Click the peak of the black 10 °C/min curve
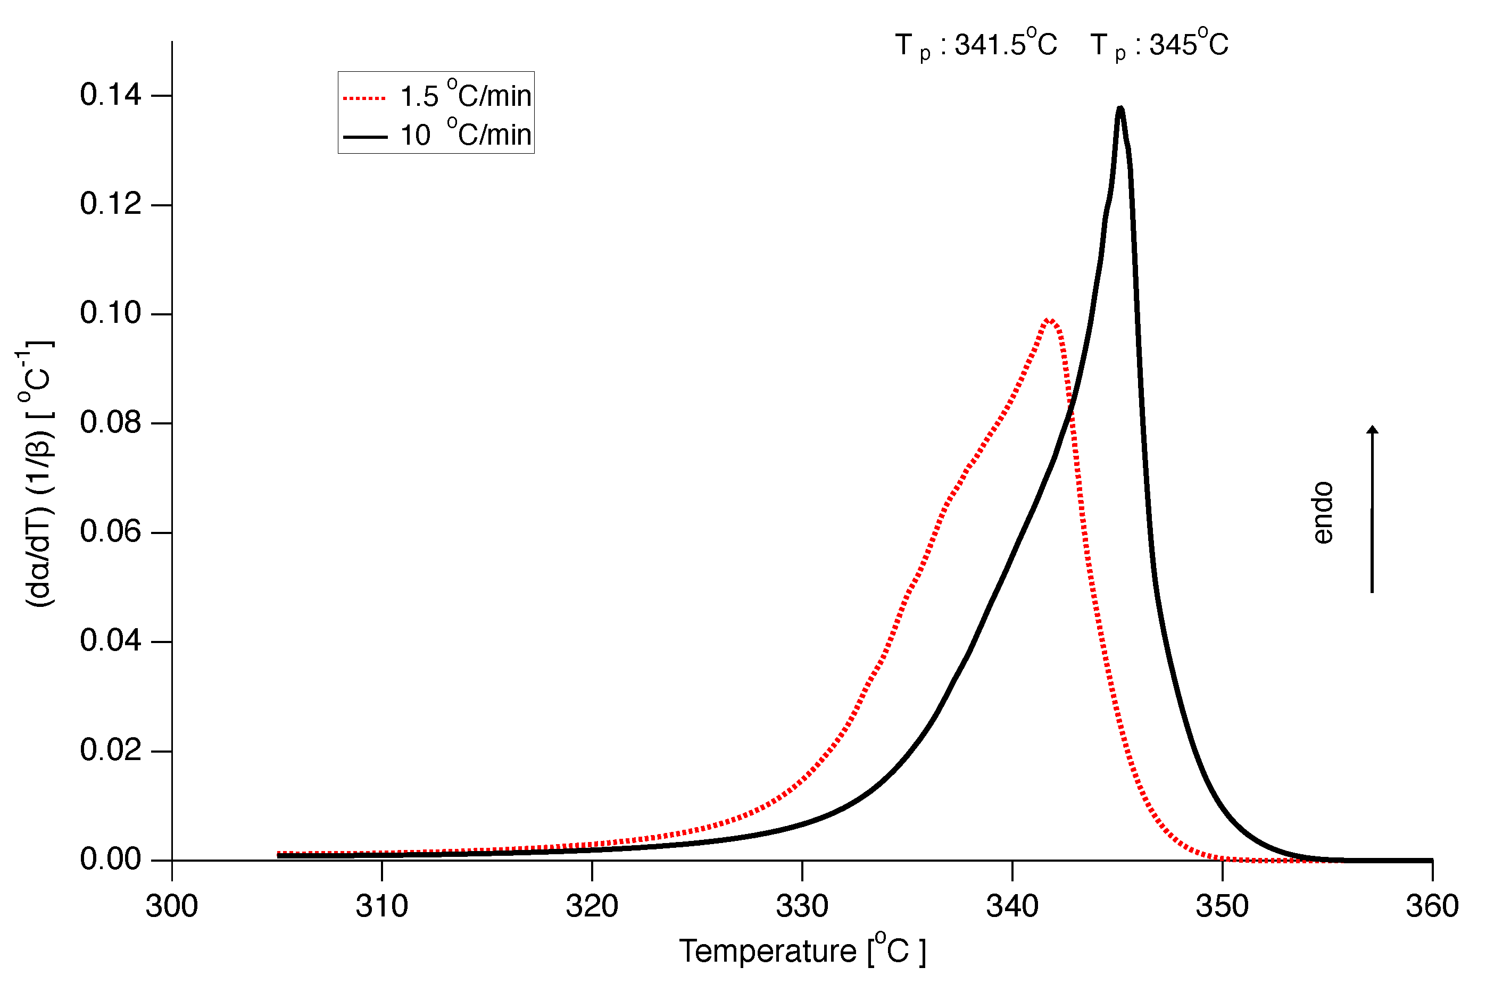1120,109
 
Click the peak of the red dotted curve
1049,320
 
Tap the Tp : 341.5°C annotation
976,45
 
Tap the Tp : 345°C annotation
1159,45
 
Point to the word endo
1323,512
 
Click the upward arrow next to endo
1373,508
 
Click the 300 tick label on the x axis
171,906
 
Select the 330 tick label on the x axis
802,906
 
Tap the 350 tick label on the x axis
1222,906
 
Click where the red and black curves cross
1069,409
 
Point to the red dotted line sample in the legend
364,98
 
